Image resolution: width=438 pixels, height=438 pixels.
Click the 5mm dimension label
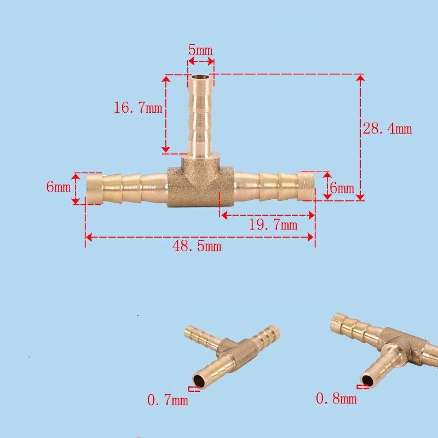[x=200, y=50]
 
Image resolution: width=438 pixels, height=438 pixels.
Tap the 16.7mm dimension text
[x=138, y=107]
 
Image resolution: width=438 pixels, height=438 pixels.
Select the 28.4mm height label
[x=387, y=129]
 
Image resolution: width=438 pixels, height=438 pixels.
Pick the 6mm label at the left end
[x=58, y=187]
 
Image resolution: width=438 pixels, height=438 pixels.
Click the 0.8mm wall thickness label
[x=336, y=399]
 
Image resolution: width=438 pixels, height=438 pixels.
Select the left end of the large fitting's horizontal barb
[x=94, y=188]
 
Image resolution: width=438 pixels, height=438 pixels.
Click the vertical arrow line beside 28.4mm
[x=360, y=137]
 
